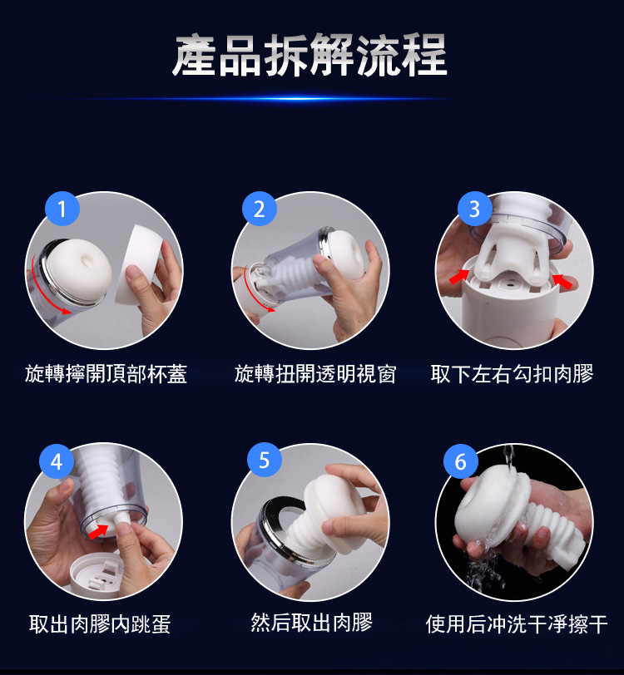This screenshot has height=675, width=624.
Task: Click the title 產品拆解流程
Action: (x=310, y=55)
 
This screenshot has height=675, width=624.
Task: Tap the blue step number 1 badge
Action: (x=62, y=209)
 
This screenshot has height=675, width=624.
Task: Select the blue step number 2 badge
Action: (x=260, y=209)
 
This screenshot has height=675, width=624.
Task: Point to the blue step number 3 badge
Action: (x=475, y=209)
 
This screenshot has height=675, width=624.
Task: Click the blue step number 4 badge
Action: (x=57, y=461)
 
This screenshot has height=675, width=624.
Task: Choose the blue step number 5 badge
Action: (x=265, y=460)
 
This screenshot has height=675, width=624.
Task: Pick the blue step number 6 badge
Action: (x=461, y=461)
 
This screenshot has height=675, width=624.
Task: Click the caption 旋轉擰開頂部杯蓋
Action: (x=106, y=374)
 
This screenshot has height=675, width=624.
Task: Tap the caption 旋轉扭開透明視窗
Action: (x=315, y=374)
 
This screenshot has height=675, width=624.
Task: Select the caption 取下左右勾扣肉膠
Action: (x=512, y=374)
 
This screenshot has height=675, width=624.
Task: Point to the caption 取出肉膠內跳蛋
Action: (x=100, y=624)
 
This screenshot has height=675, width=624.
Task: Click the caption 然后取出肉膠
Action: (x=311, y=623)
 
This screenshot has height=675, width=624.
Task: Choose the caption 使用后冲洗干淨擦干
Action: (x=517, y=624)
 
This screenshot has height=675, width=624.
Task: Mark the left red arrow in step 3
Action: (x=459, y=276)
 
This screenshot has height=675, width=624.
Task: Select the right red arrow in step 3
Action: (x=562, y=281)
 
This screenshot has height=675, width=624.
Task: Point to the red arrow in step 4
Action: (x=98, y=531)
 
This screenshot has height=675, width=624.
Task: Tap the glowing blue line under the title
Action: (x=250, y=99)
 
